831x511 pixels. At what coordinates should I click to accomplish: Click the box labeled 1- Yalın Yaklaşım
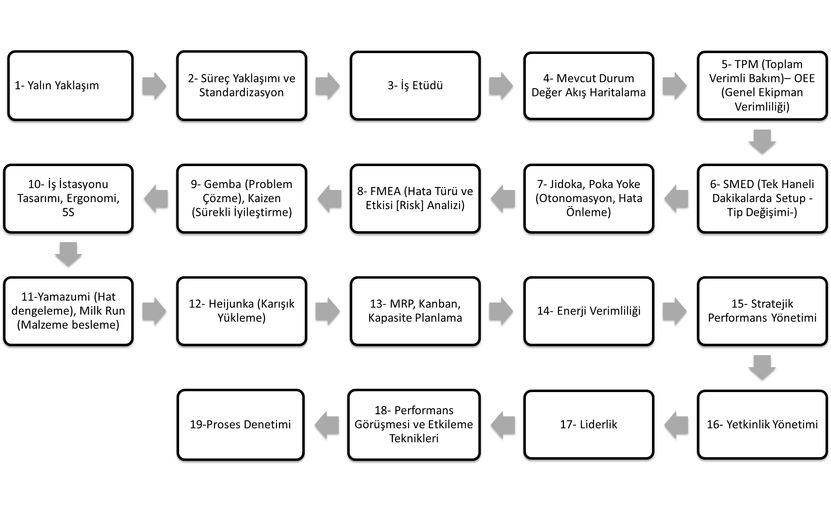70,85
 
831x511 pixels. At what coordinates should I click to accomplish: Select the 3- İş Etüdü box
415,85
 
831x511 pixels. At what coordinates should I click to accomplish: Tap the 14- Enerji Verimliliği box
589,311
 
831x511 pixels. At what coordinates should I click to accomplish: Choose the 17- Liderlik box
589,424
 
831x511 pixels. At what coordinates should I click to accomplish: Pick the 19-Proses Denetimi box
241,425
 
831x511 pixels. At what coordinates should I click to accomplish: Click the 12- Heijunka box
241,311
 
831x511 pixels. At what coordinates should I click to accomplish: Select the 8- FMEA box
415,198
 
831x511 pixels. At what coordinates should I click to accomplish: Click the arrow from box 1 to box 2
154,86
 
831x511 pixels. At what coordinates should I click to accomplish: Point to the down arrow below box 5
762,142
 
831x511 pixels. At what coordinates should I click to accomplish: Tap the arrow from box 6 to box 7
676,198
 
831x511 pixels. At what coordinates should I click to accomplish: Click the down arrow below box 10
68,254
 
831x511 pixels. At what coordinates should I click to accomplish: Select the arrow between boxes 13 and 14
501,311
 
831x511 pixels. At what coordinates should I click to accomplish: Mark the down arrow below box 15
762,367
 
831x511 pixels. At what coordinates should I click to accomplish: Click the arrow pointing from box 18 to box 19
327,425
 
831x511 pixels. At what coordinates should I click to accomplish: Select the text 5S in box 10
68,212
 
